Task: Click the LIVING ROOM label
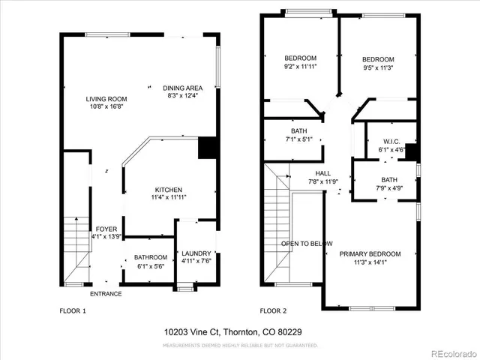(106, 98)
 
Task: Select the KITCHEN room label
(169, 189)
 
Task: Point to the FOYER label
(105, 229)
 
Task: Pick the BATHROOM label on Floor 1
(150, 257)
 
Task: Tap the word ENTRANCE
(106, 293)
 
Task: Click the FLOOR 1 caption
(73, 310)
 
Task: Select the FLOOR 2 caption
(274, 310)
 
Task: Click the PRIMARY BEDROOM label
(370, 254)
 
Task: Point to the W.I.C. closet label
(390, 141)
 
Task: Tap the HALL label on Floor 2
(323, 173)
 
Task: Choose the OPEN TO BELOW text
(307, 244)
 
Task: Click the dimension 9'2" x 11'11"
(300, 67)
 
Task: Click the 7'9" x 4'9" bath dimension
(388, 188)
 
